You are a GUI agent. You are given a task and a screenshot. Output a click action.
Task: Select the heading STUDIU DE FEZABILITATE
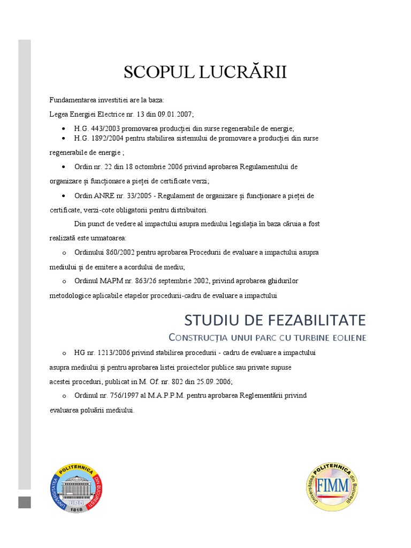[x=275, y=320]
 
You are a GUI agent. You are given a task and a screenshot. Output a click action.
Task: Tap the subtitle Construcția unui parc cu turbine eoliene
[x=267, y=337]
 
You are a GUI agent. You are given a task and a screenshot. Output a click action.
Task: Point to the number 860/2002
[x=120, y=252]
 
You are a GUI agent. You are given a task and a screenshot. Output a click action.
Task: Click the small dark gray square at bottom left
[x=25, y=502]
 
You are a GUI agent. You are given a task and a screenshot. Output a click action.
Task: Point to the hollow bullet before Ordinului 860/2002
[x=64, y=253]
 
